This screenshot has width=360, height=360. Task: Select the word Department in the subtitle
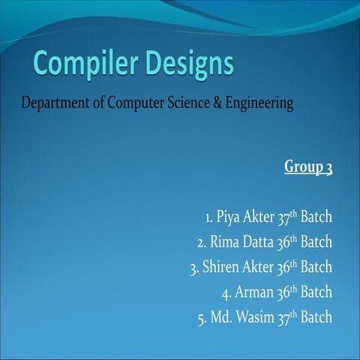[x=52, y=102]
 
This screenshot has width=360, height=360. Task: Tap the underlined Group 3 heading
[x=308, y=166]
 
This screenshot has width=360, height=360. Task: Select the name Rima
[x=224, y=243]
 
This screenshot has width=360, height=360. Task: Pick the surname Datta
[x=259, y=243]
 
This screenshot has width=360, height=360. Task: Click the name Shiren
[x=221, y=268]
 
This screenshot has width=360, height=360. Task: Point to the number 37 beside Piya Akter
[x=283, y=218]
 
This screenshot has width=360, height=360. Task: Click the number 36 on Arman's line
[x=283, y=292]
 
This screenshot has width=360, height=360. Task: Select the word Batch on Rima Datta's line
[x=316, y=243]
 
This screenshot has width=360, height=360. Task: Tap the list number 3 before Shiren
[x=193, y=268]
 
